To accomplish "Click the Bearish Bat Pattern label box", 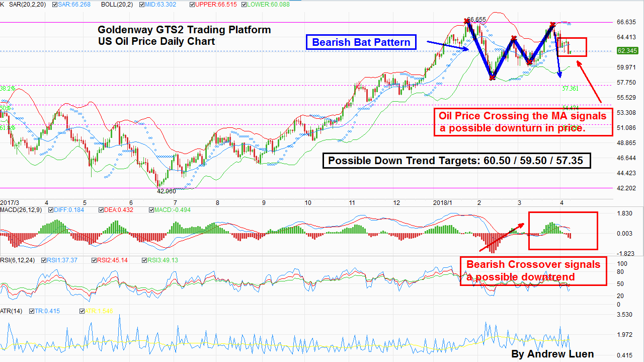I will (x=361, y=42).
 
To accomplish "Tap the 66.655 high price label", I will (x=476, y=20).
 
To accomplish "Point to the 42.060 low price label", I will (x=167, y=191).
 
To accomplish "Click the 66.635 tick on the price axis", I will (x=627, y=22).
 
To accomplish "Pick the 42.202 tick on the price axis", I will (x=627, y=188).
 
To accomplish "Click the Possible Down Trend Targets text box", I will (x=456, y=161).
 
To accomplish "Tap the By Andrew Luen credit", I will (x=552, y=354).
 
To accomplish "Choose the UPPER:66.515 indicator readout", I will (x=211, y=5).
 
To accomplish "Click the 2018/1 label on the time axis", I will (x=443, y=202).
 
